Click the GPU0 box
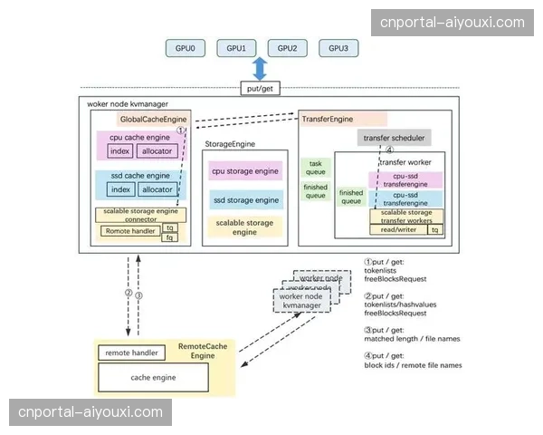185,47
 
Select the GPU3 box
338,47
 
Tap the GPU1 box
236,47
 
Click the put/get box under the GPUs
261,88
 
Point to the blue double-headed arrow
261,69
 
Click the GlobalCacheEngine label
150,119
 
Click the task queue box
315,169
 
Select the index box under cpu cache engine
119,151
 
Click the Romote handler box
129,231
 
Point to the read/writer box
398,230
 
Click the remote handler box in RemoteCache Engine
132,353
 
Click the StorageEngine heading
230,142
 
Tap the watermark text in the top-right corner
452,22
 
